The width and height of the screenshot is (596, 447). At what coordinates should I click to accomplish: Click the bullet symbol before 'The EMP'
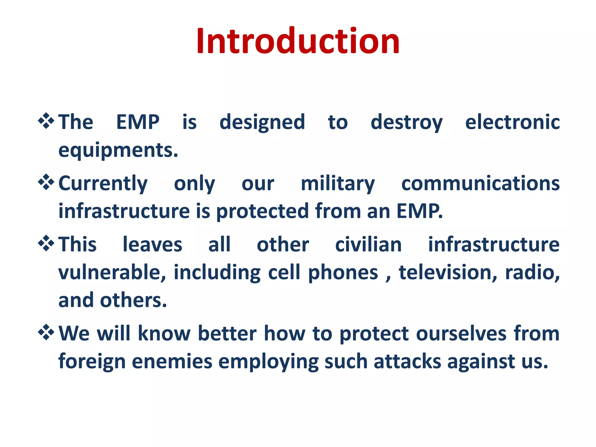(x=46, y=121)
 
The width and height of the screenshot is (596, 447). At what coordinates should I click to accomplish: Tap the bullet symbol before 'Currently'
(x=46, y=182)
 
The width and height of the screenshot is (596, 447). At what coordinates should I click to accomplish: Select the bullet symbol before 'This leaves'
(x=46, y=244)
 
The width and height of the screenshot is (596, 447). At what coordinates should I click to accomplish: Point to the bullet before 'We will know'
(x=46, y=332)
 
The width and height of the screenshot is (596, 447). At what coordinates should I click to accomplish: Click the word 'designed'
(x=262, y=122)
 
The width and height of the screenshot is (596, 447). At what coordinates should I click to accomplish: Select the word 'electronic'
(x=512, y=122)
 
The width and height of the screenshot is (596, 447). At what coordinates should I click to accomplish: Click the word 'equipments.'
(x=118, y=151)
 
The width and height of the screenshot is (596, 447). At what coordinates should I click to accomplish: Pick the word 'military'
(x=338, y=184)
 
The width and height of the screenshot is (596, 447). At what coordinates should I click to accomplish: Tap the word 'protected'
(x=262, y=211)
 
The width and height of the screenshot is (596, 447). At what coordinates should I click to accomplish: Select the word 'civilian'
(x=368, y=244)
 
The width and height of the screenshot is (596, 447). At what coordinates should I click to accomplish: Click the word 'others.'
(x=133, y=300)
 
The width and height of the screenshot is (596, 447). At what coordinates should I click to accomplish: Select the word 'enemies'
(x=172, y=361)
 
